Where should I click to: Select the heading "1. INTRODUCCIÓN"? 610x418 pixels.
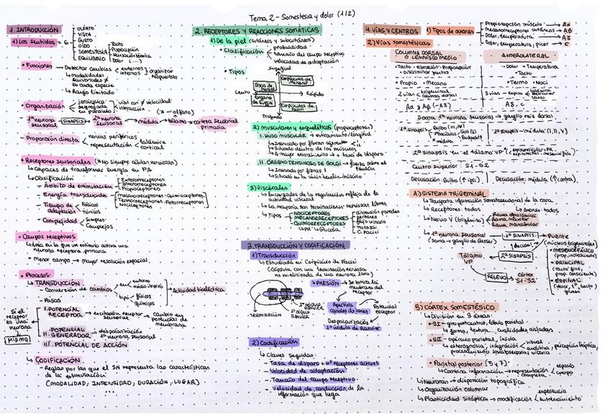pos(34,30)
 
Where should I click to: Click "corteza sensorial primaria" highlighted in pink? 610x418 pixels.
pos(216,123)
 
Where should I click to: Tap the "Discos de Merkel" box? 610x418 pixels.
pos(265,86)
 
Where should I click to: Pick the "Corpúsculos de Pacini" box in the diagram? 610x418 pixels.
pos(292,106)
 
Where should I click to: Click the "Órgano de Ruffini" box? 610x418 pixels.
pos(264,101)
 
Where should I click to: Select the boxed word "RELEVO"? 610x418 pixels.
pos(497,276)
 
